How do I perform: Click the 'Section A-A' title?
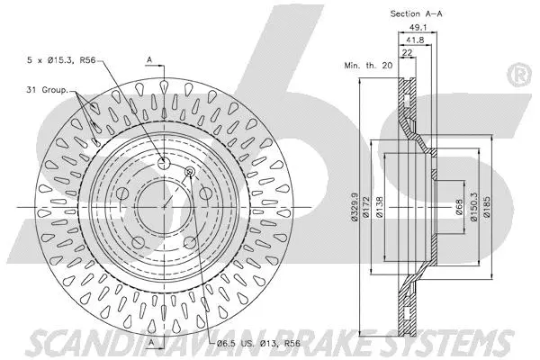416,13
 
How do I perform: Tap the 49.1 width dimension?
418,27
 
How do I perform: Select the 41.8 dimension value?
415,40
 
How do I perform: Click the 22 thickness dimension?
407,53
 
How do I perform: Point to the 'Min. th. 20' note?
368,65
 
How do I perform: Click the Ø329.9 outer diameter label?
355,207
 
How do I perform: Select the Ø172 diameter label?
366,207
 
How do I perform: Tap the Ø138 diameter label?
380,207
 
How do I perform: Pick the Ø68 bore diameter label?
459,207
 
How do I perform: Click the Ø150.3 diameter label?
474,207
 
